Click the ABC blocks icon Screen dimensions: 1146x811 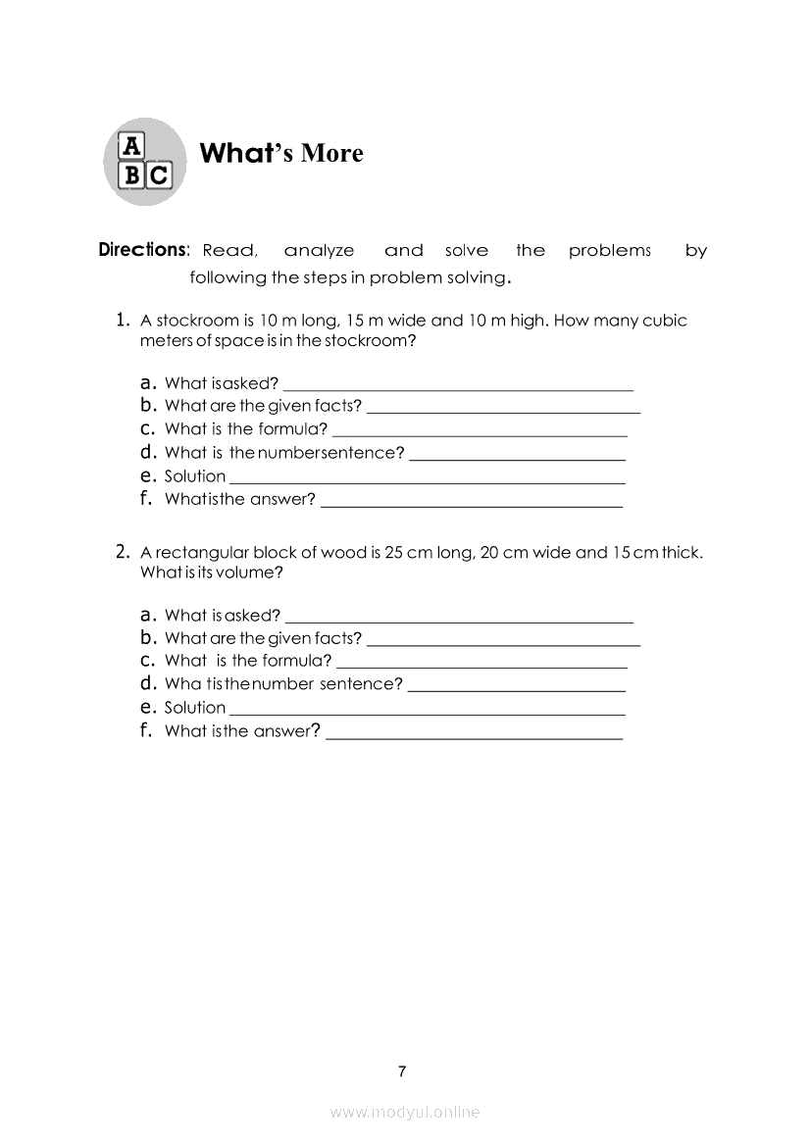[144, 162]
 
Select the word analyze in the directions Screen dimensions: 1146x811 [319, 251]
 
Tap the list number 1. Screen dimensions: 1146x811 [123, 320]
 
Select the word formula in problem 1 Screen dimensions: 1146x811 [292, 429]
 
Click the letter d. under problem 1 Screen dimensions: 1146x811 [149, 452]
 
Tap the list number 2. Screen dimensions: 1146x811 [123, 552]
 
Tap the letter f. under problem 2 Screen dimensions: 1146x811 [148, 730]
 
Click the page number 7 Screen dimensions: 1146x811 [402, 1071]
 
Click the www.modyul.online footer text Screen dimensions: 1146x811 [405, 1113]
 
